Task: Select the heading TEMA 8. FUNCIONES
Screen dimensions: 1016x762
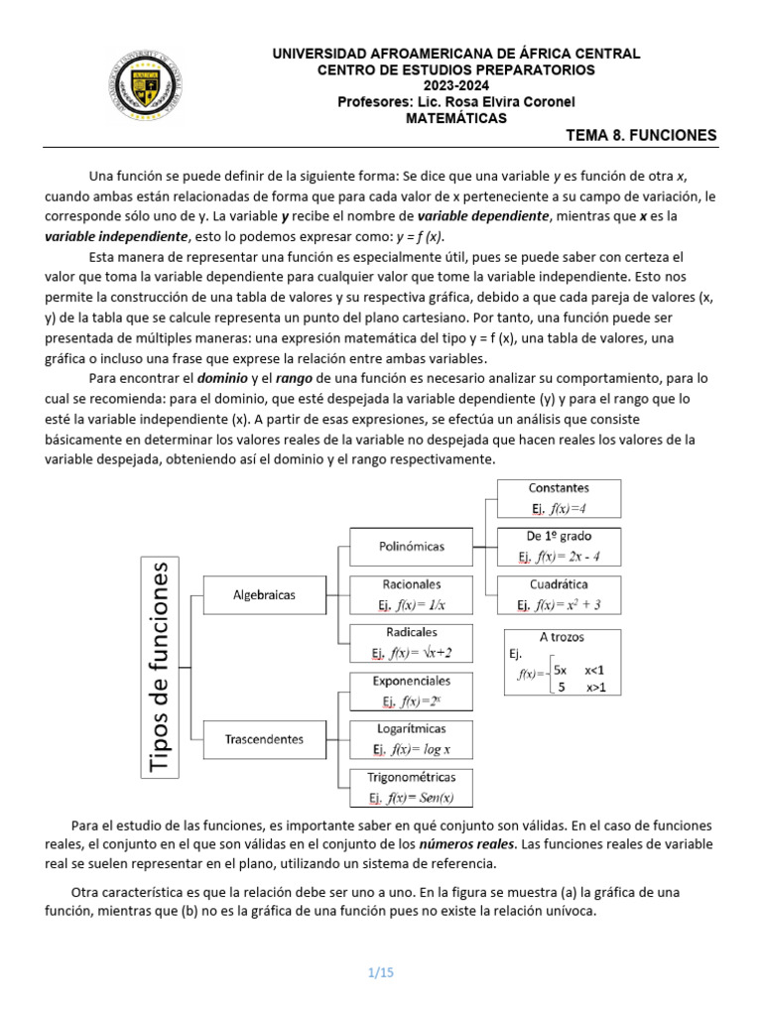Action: [640, 136]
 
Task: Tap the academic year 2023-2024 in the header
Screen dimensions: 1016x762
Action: [456, 85]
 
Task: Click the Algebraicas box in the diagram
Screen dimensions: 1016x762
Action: [264, 595]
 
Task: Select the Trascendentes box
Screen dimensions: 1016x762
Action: [264, 738]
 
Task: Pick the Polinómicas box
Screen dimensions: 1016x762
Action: [411, 546]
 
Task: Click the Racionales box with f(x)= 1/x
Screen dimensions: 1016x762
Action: [411, 594]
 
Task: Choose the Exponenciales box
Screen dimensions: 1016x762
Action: [411, 692]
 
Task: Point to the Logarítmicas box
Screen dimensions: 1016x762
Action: [411, 739]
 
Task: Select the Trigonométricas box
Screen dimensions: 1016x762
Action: [411, 787]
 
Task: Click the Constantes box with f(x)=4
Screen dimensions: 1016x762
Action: [559, 498]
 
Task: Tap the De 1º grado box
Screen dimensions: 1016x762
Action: [559, 546]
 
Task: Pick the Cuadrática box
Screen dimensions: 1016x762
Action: [559, 594]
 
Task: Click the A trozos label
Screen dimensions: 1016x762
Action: [562, 637]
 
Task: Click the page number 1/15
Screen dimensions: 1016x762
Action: [381, 972]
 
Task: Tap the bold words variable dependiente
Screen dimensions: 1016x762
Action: [482, 215]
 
